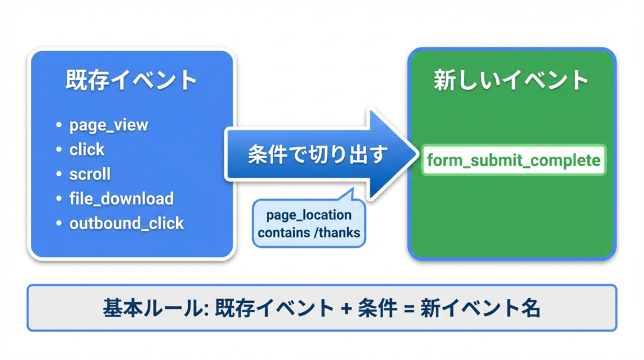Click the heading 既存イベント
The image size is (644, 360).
(131, 81)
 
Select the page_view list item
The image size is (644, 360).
(109, 125)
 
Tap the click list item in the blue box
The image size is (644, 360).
(87, 150)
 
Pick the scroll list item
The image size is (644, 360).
(90, 174)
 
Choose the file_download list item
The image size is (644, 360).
(121, 199)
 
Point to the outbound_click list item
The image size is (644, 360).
(126, 223)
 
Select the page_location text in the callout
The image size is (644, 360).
(309, 215)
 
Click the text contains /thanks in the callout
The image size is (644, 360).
(309, 233)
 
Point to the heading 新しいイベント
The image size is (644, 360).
(511, 81)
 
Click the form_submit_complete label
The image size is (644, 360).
(513, 160)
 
